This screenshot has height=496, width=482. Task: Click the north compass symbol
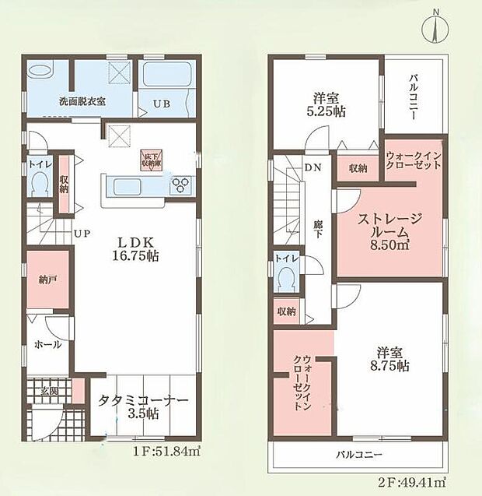coord(436,28)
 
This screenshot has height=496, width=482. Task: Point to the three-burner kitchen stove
coord(181,185)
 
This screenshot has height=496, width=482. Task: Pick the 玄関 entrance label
coord(47,392)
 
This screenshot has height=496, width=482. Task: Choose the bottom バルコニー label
coord(360,454)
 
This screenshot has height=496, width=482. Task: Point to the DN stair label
coord(313,167)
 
